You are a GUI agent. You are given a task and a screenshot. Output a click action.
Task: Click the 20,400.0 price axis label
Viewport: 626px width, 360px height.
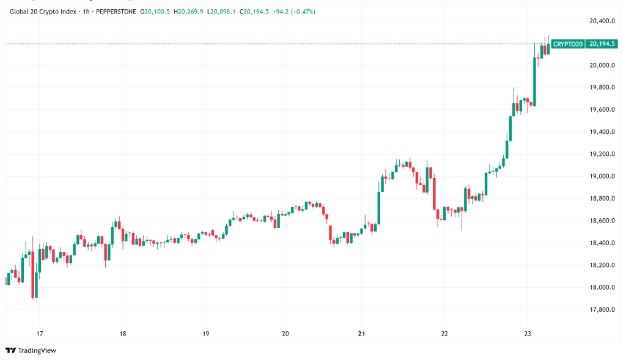(x=602, y=21)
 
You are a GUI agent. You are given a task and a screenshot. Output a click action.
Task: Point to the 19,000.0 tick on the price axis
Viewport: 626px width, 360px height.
(x=602, y=177)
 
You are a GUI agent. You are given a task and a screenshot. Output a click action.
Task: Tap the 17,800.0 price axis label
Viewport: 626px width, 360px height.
(x=602, y=310)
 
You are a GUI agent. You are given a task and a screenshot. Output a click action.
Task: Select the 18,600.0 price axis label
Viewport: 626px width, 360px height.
(x=602, y=221)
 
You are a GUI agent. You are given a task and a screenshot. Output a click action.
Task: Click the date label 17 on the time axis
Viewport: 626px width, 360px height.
(x=39, y=334)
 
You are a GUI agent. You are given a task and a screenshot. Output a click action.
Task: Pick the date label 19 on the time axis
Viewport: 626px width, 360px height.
(x=205, y=334)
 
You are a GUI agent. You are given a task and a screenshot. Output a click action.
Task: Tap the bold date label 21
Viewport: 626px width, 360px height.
(x=361, y=334)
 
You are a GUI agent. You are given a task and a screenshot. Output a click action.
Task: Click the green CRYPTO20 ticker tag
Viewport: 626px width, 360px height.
(x=567, y=44)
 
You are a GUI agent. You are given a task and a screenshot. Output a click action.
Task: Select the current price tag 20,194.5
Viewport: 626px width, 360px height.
(x=600, y=44)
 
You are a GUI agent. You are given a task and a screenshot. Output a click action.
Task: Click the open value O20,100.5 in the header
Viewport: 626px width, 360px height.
(x=155, y=12)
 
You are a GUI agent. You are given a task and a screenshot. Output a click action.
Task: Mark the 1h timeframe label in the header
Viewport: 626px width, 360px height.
(x=86, y=12)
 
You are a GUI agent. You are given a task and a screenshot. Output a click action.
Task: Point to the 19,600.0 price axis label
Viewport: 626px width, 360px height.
(x=602, y=110)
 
